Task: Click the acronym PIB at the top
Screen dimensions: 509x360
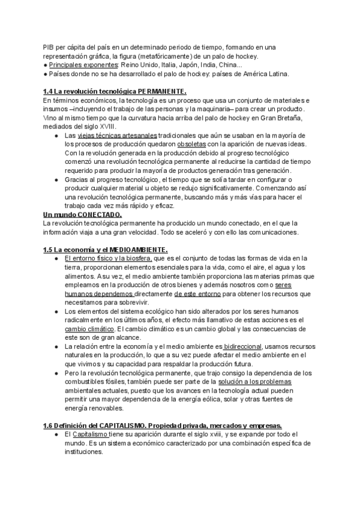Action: tap(48, 47)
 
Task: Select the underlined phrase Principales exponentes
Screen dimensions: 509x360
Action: tap(82, 65)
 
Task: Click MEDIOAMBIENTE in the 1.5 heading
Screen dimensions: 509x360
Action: tap(139, 249)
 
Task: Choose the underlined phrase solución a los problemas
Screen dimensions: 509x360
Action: tap(262, 382)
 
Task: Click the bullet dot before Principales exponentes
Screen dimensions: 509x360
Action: tap(45, 65)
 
